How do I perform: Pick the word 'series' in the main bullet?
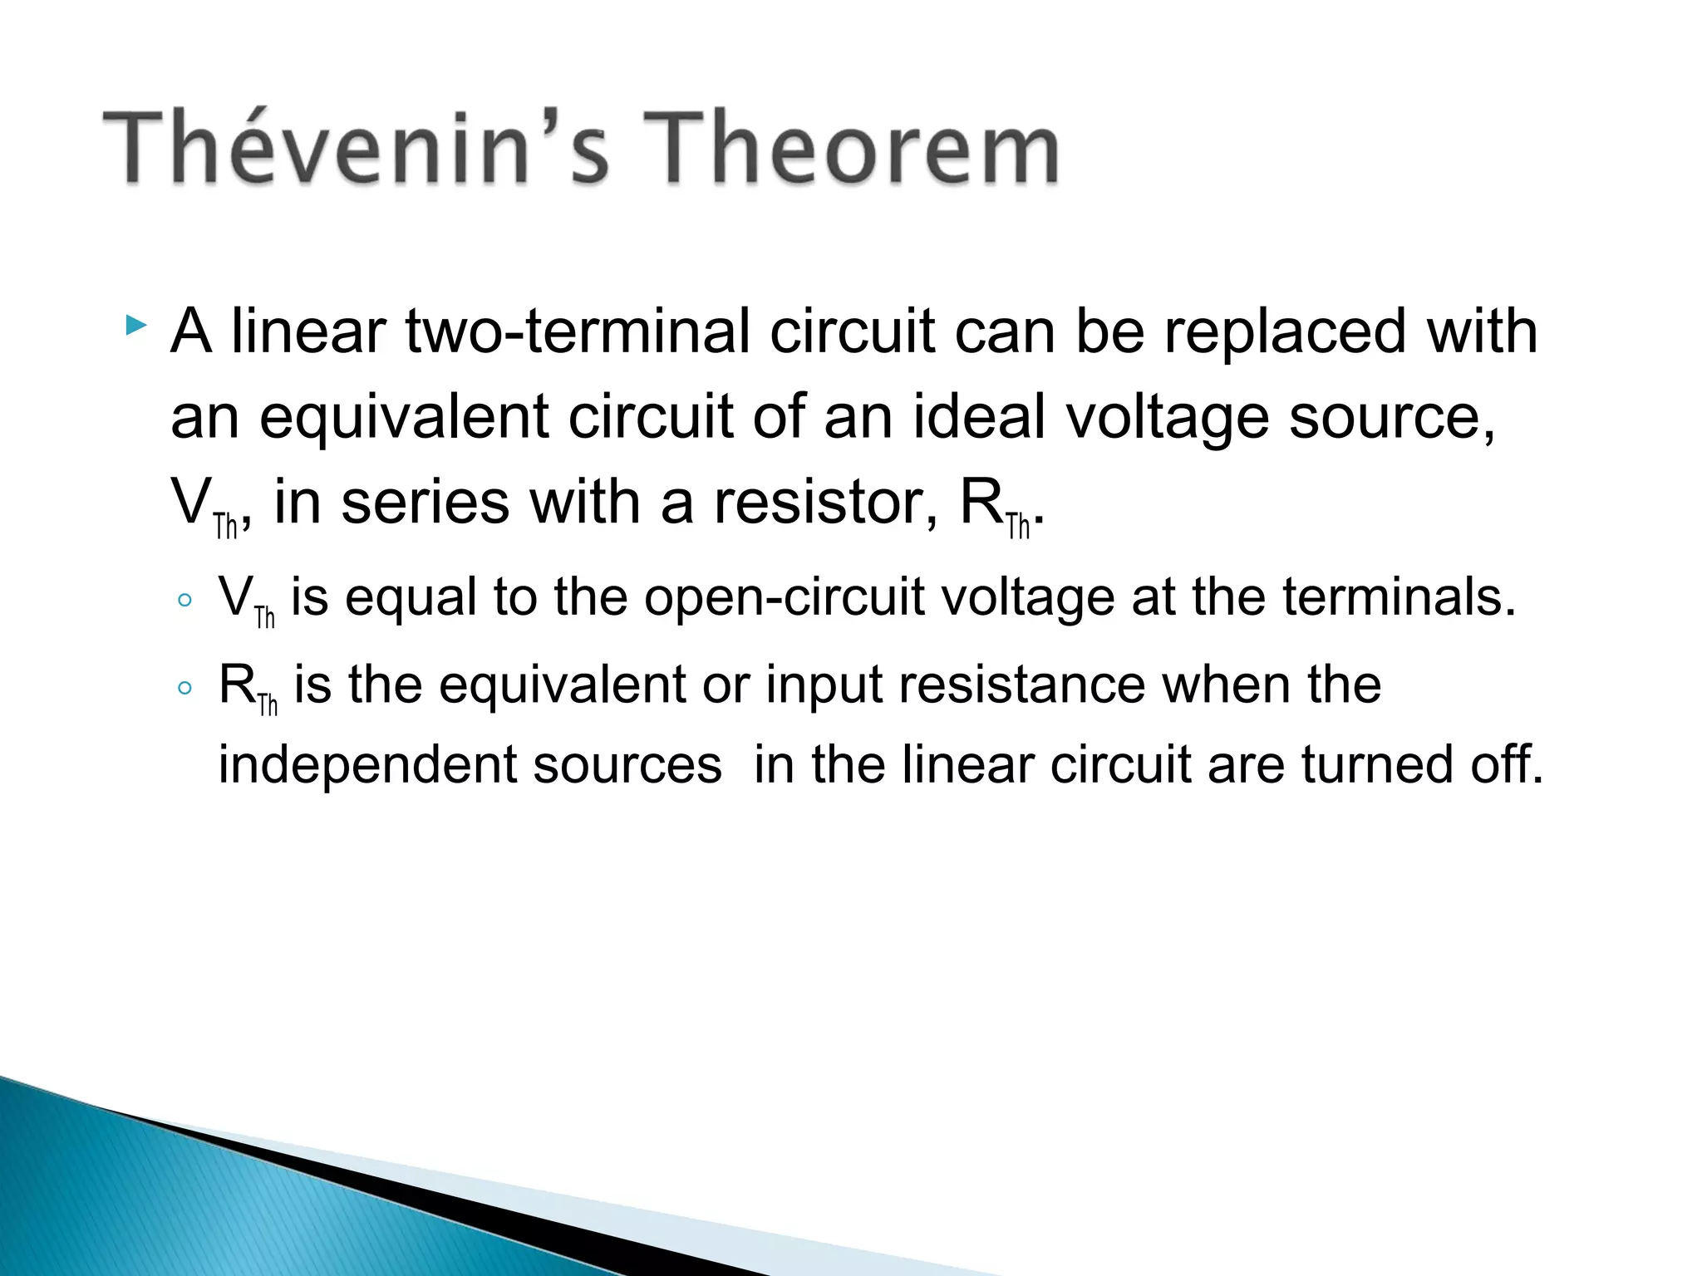[425, 503]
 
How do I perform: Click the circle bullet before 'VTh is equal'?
[184, 600]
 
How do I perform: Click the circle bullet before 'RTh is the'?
[184, 687]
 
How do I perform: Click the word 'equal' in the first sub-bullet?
[411, 598]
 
